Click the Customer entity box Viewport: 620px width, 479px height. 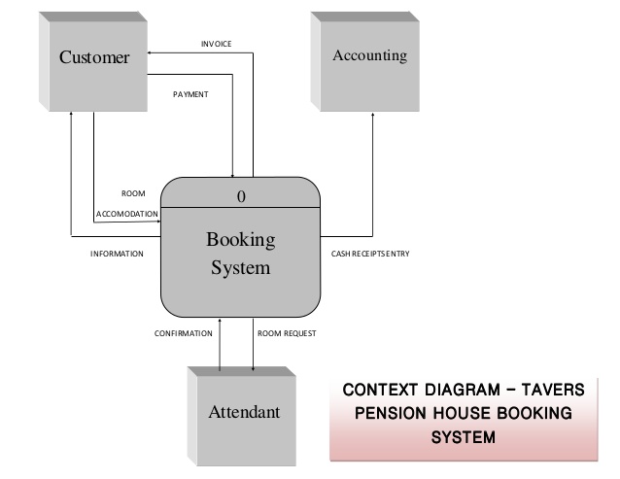click(94, 58)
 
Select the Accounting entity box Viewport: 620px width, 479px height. click(369, 56)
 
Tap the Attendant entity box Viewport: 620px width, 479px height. click(244, 412)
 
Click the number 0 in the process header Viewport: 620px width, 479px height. click(241, 196)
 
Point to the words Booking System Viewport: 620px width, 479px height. click(240, 253)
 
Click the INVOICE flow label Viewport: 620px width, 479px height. click(216, 44)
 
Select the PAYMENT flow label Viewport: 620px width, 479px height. click(190, 95)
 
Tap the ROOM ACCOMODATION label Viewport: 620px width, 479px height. click(127, 204)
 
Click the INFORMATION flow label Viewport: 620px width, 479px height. click(117, 254)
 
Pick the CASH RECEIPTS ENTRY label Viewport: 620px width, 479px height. click(370, 254)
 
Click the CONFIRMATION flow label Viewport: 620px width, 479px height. click(183, 333)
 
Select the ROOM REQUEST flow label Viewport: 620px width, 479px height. click(287, 333)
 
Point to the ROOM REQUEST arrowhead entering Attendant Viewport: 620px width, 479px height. click(254, 368)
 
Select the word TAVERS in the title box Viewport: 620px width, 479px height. click(550, 390)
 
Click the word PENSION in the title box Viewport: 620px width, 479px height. click(388, 413)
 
